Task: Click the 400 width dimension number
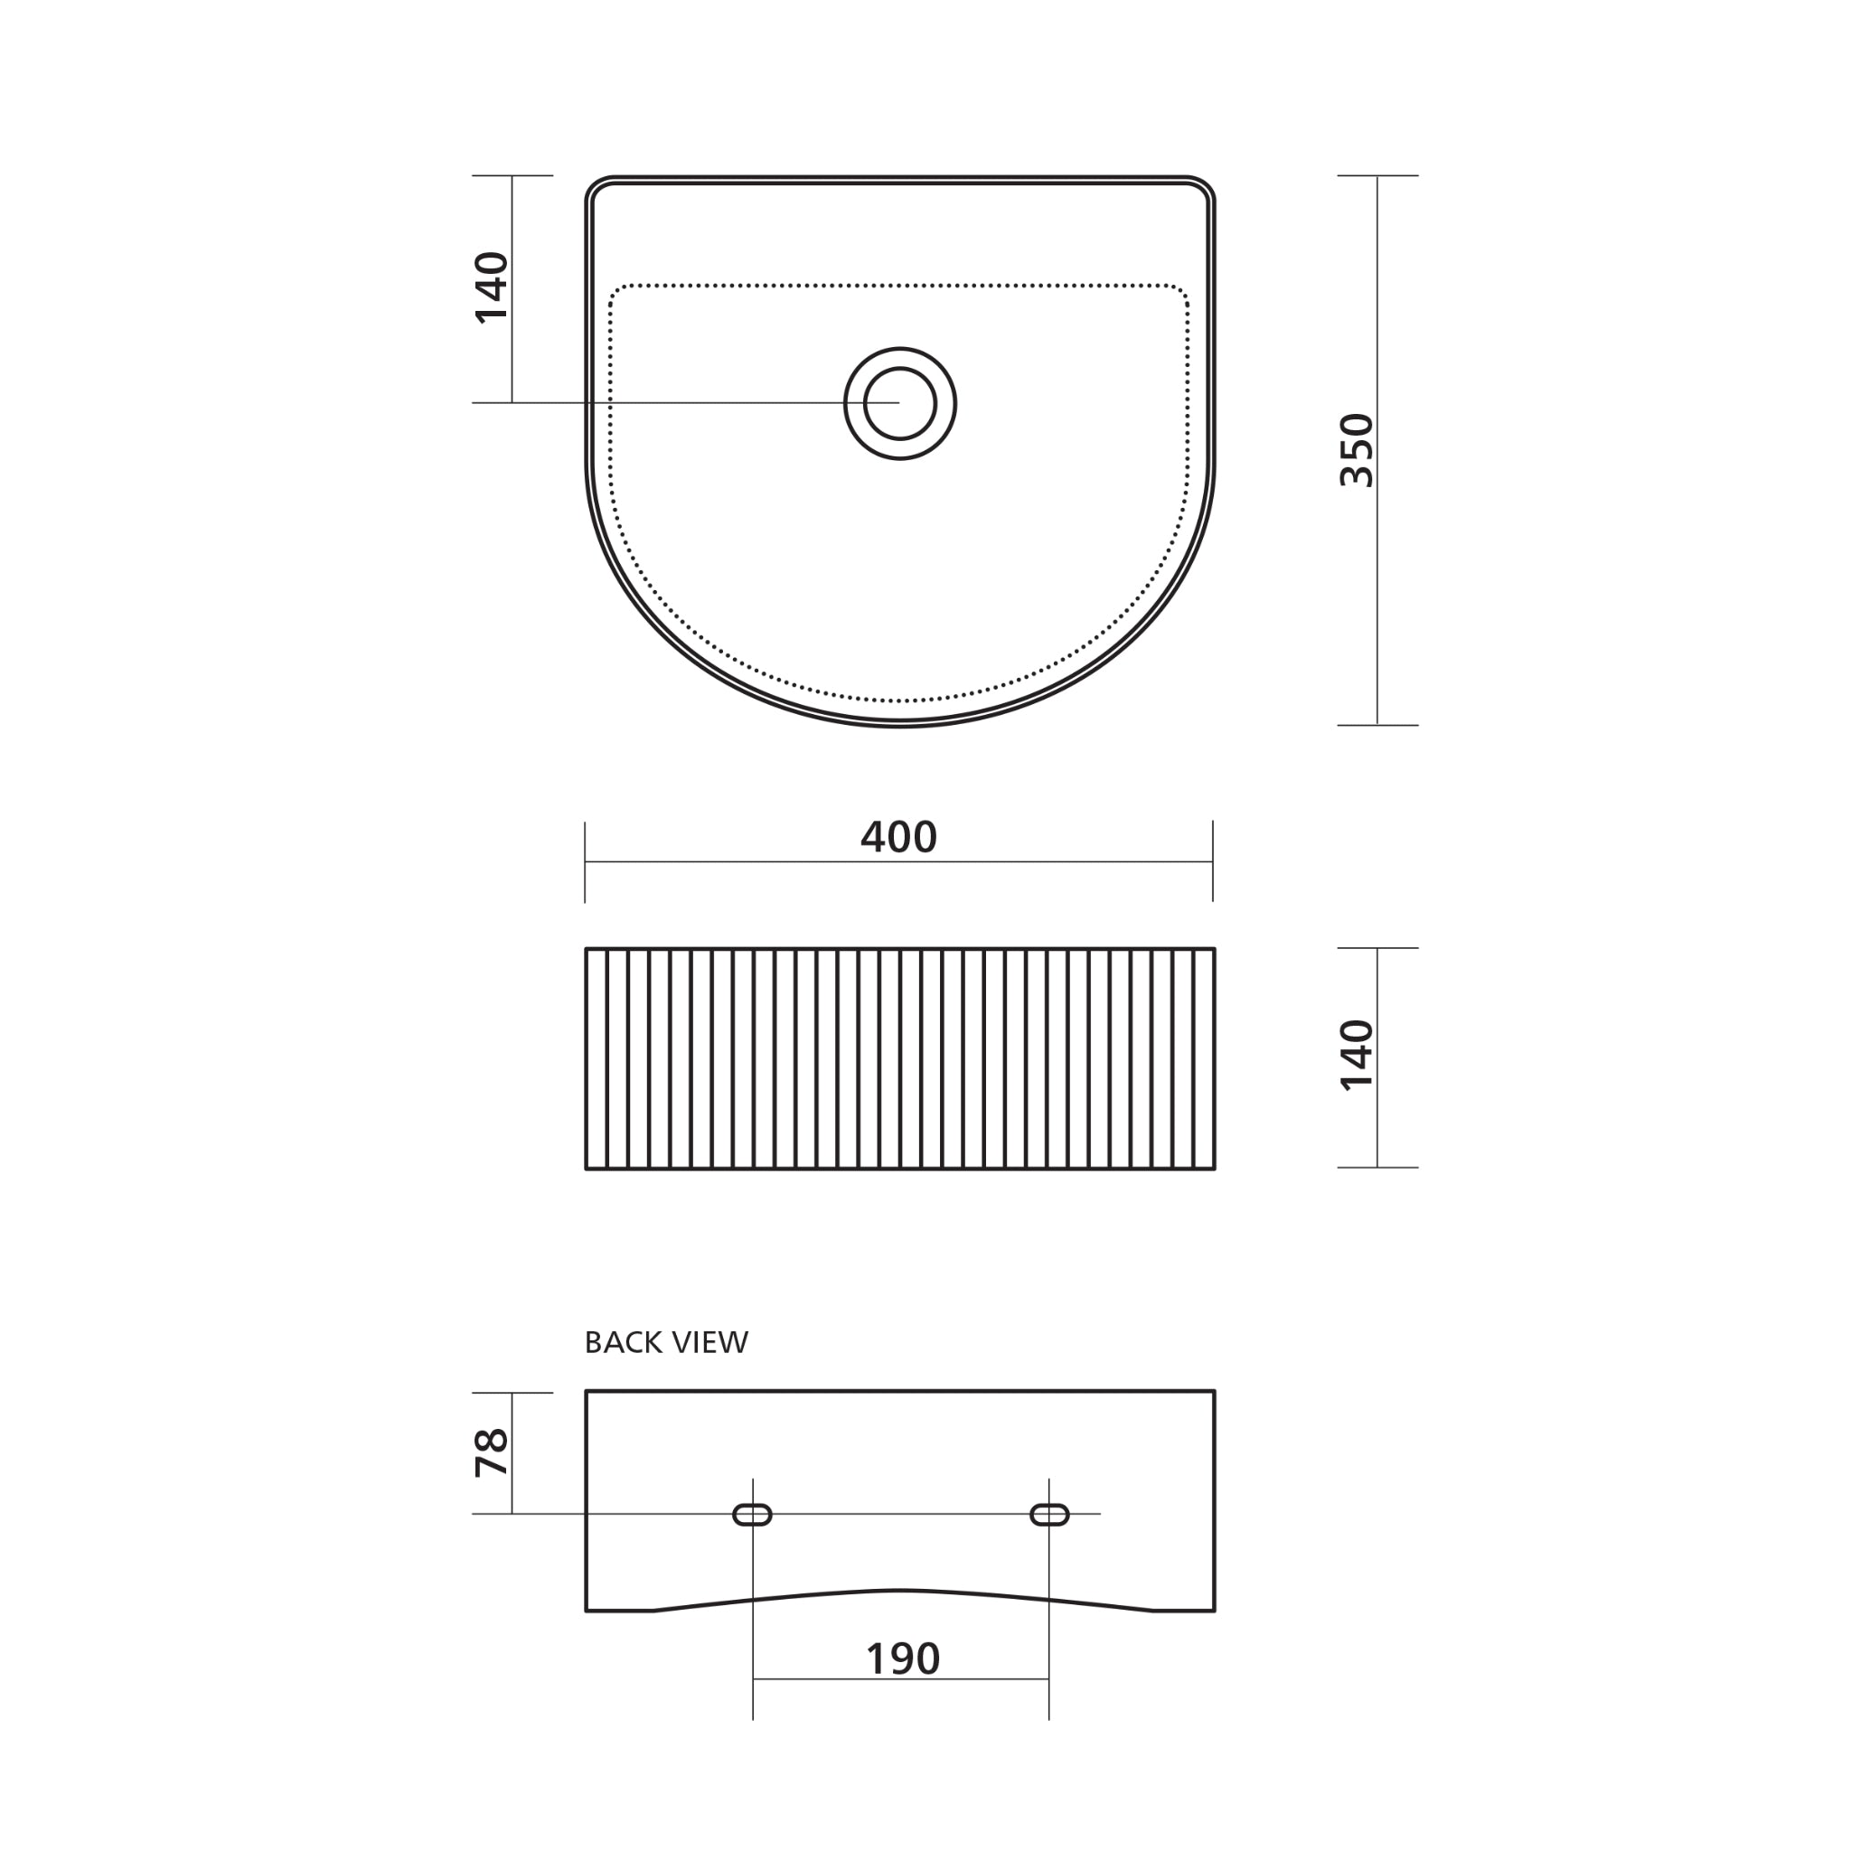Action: tap(897, 837)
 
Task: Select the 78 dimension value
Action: tap(493, 1452)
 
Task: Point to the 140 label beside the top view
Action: tap(493, 287)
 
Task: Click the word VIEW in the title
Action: tap(709, 1342)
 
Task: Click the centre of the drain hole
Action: tap(899, 403)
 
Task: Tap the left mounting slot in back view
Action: tap(752, 1515)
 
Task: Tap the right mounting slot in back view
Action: tap(1049, 1515)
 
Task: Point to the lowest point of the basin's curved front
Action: tap(899, 725)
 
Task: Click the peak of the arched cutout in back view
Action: tap(899, 1591)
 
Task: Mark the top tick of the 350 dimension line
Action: tap(1377, 176)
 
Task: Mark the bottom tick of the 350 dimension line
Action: tap(1377, 725)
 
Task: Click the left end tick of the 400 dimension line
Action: tap(586, 861)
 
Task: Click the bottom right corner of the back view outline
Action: tap(1214, 1611)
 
